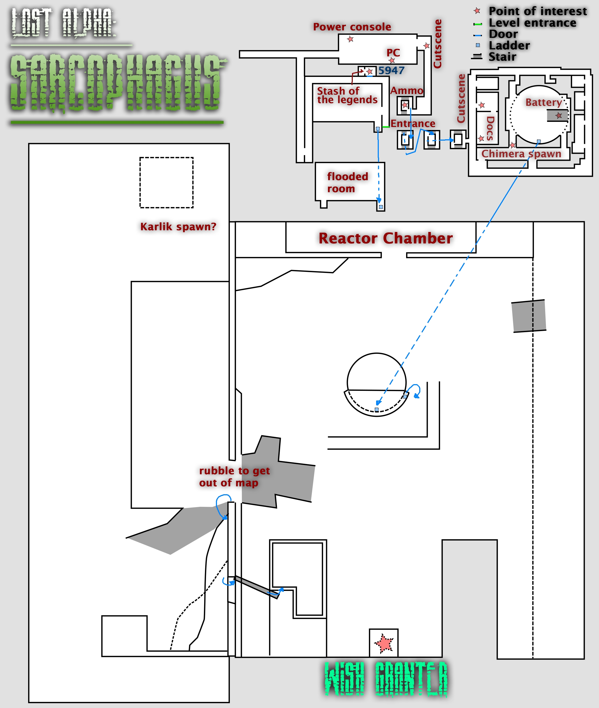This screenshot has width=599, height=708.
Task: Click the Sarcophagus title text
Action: click(x=117, y=83)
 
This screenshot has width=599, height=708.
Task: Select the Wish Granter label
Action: click(x=386, y=679)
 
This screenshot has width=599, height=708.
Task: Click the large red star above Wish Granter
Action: click(x=384, y=643)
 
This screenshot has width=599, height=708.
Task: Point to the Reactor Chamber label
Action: click(x=385, y=238)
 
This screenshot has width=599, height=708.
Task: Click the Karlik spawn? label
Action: click(x=178, y=227)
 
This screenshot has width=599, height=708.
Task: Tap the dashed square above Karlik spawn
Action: click(x=166, y=182)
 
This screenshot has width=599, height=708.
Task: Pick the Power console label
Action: click(x=352, y=27)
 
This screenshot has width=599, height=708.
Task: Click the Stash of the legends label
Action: click(x=347, y=95)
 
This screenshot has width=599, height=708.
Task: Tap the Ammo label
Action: click(x=406, y=91)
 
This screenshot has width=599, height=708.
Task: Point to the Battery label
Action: click(x=543, y=102)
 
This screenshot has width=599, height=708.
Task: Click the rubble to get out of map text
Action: click(x=234, y=476)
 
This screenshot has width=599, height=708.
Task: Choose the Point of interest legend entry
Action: click(x=538, y=11)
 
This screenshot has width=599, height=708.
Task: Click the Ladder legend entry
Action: click(x=509, y=46)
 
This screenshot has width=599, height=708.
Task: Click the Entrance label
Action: click(x=413, y=123)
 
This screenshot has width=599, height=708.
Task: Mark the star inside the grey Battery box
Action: click(x=559, y=116)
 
